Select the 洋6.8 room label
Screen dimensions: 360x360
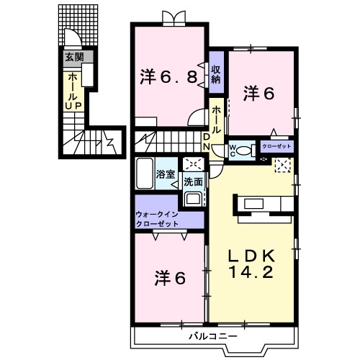[166, 76]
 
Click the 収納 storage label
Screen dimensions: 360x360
[215, 71]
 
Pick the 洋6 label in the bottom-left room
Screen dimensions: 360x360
[171, 276]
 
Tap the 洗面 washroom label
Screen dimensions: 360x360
[192, 181]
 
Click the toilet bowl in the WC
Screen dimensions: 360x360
[244, 151]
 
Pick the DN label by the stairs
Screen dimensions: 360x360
[206, 142]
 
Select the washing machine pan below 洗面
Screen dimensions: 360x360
[193, 198]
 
